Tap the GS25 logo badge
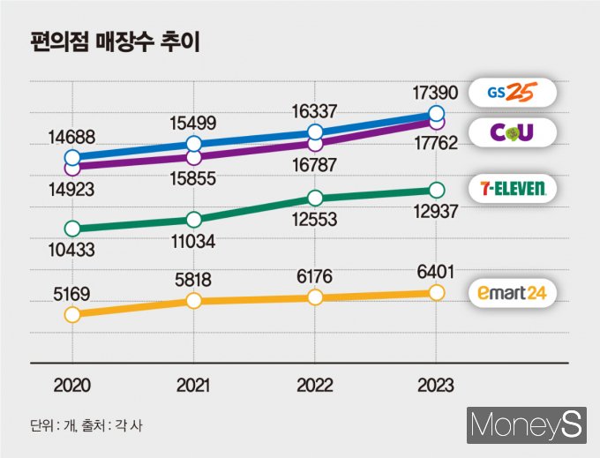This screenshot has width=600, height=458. coord(512,92)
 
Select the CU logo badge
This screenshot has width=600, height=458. coord(512,132)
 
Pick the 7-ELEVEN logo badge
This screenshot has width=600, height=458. coord(512,187)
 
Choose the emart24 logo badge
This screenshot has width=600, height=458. coord(512,293)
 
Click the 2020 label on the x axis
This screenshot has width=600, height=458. coord(72,386)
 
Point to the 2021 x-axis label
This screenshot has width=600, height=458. coord(194,386)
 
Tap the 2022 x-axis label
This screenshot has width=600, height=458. coord(315,386)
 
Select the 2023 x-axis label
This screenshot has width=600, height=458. coord(435,386)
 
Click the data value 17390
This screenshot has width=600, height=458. coord(435,92)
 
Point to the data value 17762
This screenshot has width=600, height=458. coord(435,143)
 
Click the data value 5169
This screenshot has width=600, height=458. coord(72,284)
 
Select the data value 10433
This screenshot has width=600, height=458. coord(72,252)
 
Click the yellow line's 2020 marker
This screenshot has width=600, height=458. coord(72,314)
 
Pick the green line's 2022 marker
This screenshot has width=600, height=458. coord(315,198)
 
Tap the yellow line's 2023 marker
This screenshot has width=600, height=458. coord(435,293)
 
